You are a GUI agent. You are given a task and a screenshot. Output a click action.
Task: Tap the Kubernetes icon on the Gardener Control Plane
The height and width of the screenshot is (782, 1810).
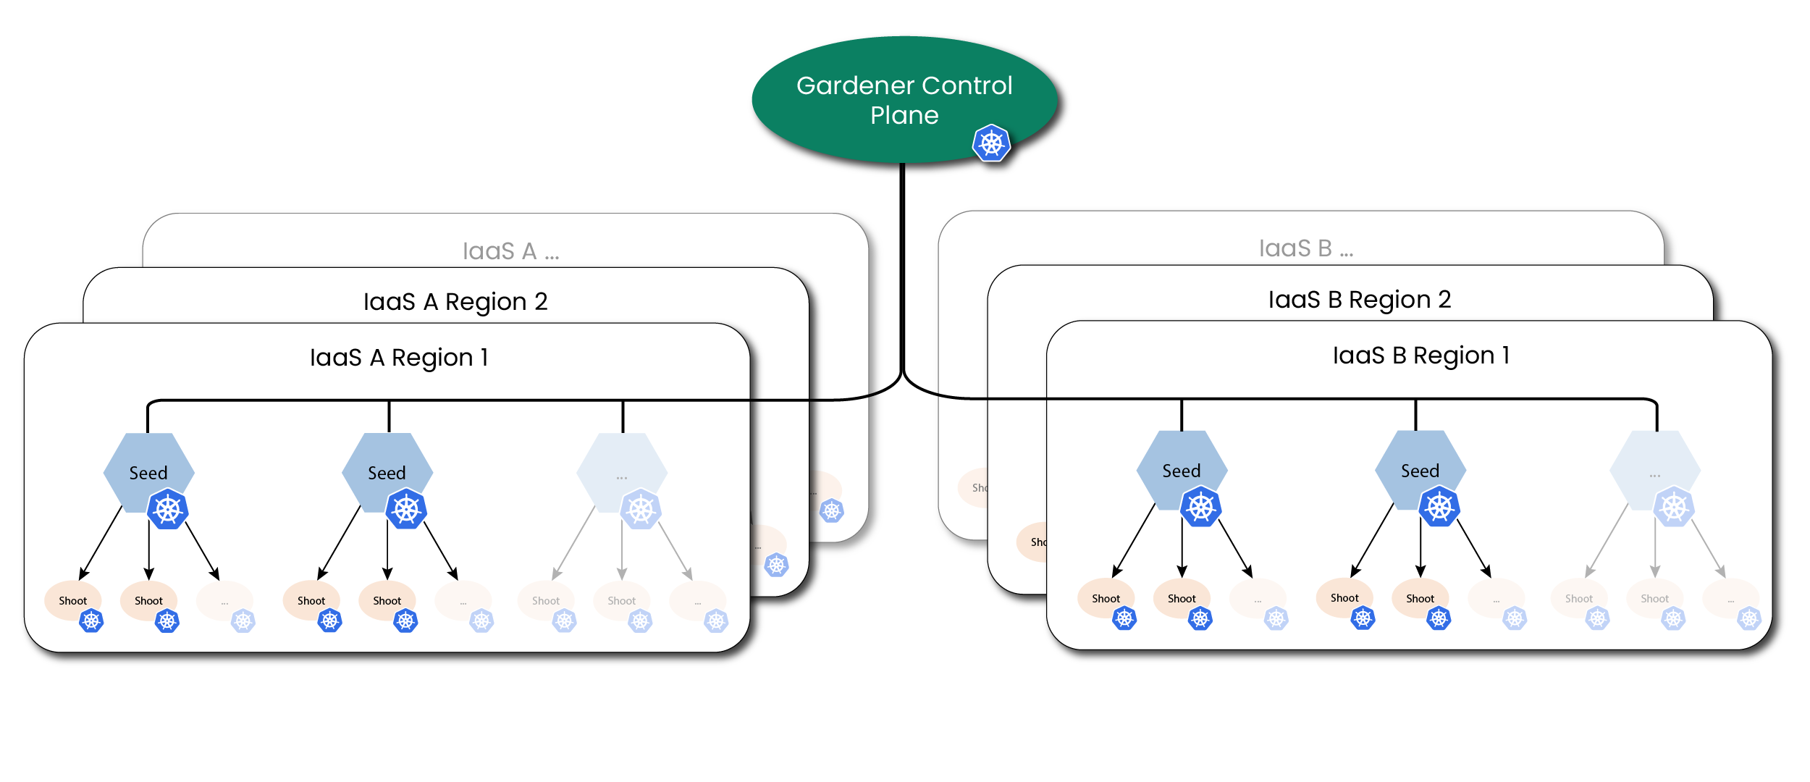point(991,143)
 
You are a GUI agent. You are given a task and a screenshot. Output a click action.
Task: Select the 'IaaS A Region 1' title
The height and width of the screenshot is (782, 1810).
point(399,358)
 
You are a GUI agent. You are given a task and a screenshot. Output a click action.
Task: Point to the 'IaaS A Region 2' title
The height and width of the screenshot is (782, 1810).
point(455,301)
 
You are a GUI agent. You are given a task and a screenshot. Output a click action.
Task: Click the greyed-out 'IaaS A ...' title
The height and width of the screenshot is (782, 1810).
point(510,251)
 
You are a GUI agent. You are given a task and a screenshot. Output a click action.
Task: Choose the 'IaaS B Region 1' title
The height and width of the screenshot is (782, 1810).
point(1420,356)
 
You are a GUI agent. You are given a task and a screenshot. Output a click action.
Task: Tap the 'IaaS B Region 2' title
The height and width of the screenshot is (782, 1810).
point(1359,300)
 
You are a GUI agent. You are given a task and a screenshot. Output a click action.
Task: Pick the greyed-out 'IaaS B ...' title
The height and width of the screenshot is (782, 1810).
point(1305,248)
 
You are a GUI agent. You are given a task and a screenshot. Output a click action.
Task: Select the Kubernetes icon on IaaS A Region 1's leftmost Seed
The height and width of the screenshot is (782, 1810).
point(168,509)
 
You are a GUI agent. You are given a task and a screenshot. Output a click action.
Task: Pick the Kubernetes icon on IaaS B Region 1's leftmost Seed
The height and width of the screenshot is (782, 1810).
point(1201,507)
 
